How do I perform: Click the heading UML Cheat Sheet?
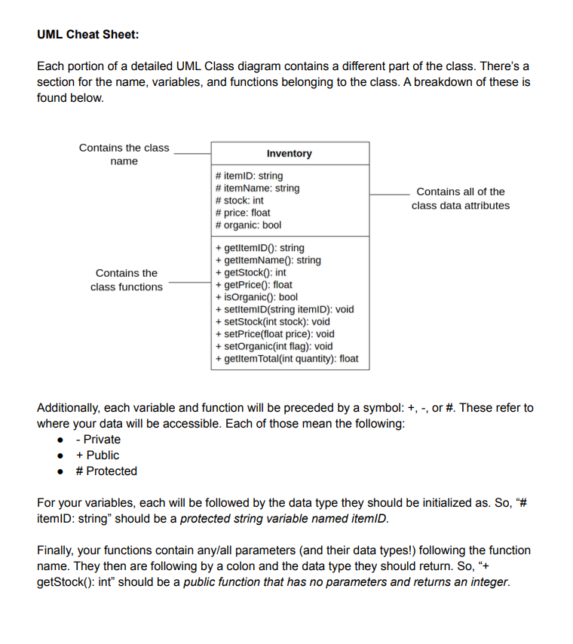pyautogui.click(x=87, y=35)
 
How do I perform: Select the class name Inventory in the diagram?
pyautogui.click(x=289, y=153)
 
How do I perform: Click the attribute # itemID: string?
pyautogui.click(x=250, y=176)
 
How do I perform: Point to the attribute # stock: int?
pyautogui.click(x=240, y=201)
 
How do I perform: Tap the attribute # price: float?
pyautogui.click(x=243, y=213)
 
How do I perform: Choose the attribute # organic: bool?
pyautogui.click(x=248, y=225)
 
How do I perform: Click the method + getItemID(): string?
pyautogui.click(x=259, y=247)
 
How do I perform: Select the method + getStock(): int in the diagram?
pyautogui.click(x=250, y=272)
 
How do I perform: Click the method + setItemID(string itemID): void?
pyautogui.click(x=284, y=309)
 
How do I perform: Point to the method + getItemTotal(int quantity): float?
pyautogui.click(x=286, y=359)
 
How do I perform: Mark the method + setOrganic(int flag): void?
pyautogui.click(x=274, y=346)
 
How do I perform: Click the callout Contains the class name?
pyautogui.click(x=124, y=155)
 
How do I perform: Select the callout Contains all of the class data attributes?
pyautogui.click(x=460, y=199)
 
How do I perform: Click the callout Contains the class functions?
pyautogui.click(x=126, y=280)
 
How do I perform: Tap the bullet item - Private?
pyautogui.click(x=98, y=440)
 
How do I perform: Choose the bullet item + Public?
pyautogui.click(x=98, y=455)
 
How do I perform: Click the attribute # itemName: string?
pyautogui.click(x=257, y=188)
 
